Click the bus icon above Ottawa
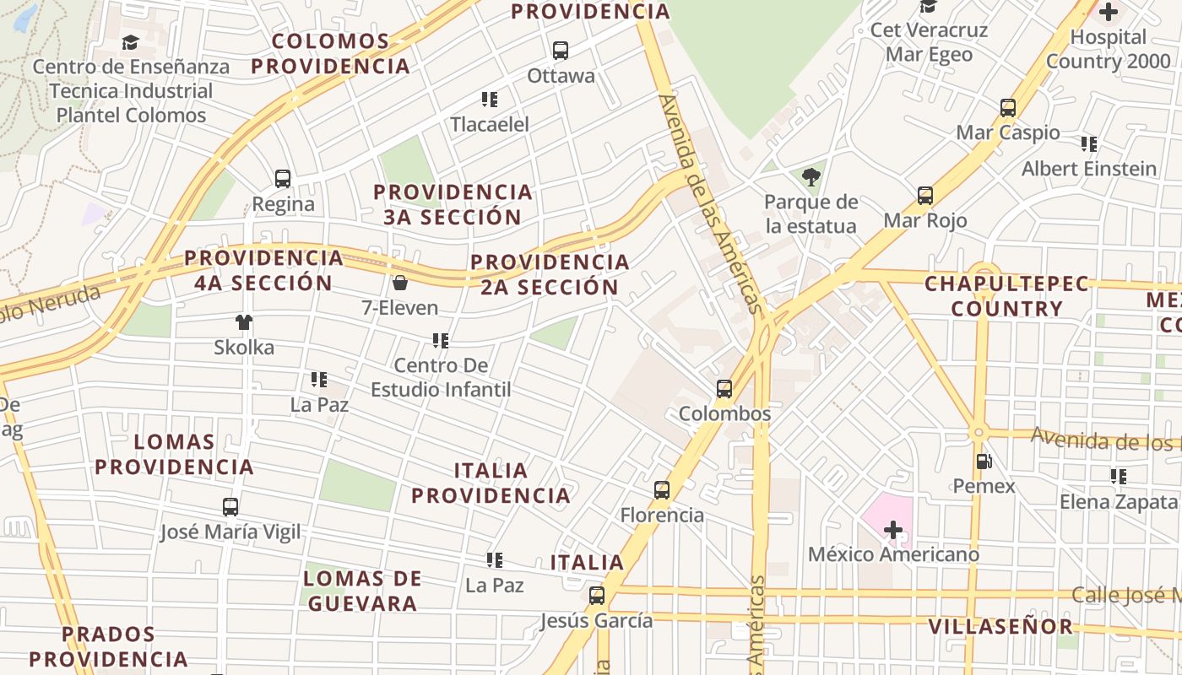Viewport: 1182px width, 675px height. coord(561,51)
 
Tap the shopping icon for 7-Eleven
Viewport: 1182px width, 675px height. coord(399,283)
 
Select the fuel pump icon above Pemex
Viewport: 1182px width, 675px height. coord(984,461)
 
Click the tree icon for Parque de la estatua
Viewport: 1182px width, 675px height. coord(811,177)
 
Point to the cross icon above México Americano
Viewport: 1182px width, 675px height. coord(892,530)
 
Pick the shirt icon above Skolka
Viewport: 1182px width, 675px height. coord(244,321)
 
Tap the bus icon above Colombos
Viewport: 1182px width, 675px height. coord(724,389)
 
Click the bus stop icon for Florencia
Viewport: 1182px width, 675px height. coord(662,490)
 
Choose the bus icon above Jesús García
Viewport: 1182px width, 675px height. coord(597,596)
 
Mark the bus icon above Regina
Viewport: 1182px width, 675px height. coord(283,179)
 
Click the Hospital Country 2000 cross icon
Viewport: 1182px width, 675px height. coord(1108,12)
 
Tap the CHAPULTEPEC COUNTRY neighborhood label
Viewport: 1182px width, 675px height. coord(1006,296)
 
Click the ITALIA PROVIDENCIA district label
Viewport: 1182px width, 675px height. coord(491,483)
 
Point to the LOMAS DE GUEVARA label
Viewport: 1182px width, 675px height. coord(362,591)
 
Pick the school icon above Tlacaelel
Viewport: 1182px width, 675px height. coord(490,100)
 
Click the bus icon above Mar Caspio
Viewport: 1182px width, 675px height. coord(1008,108)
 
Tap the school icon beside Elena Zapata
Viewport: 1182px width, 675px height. coord(1119,477)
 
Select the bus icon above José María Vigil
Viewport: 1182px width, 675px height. coord(230,507)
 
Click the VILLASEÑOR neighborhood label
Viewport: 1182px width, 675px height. coord(1000,626)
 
